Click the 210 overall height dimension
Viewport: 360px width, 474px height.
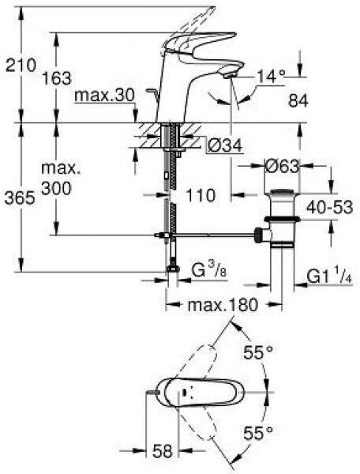pos(21,66)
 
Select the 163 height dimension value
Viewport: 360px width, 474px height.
pos(57,78)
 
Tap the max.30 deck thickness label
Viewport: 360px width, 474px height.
pos(104,96)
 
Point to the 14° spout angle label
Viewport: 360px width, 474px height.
pos(271,76)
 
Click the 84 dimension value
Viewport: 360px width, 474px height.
pos(298,100)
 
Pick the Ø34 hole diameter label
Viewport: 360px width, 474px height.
pos(225,145)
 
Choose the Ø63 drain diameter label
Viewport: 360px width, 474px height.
pos(282,166)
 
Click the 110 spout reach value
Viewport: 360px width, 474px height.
pos(201,195)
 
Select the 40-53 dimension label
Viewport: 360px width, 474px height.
pos(329,207)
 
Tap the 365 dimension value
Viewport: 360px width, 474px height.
pos(20,198)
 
